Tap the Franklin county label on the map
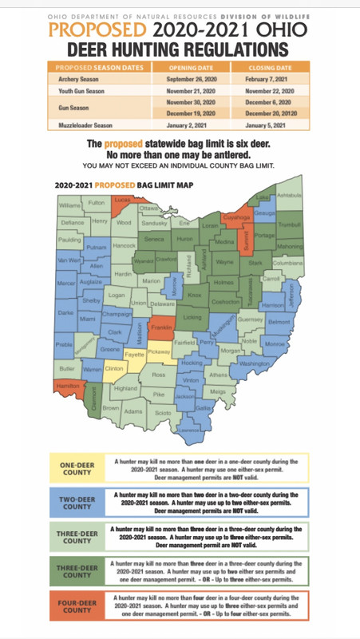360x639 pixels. pyautogui.click(x=163, y=328)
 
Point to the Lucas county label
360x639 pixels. pyautogui.click(x=122, y=199)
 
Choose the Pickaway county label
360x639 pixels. pyautogui.click(x=160, y=351)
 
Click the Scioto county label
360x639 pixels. pyautogui.click(x=162, y=412)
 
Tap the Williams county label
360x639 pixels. pyautogui.click(x=70, y=205)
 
